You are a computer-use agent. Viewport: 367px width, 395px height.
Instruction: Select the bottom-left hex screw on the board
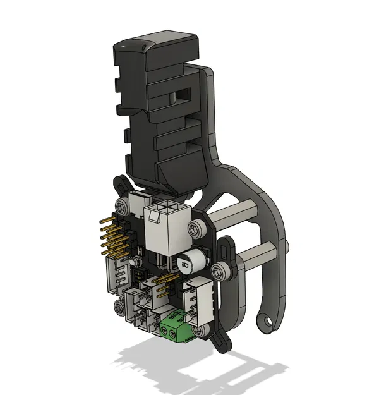pyautogui.click(x=119, y=307)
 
